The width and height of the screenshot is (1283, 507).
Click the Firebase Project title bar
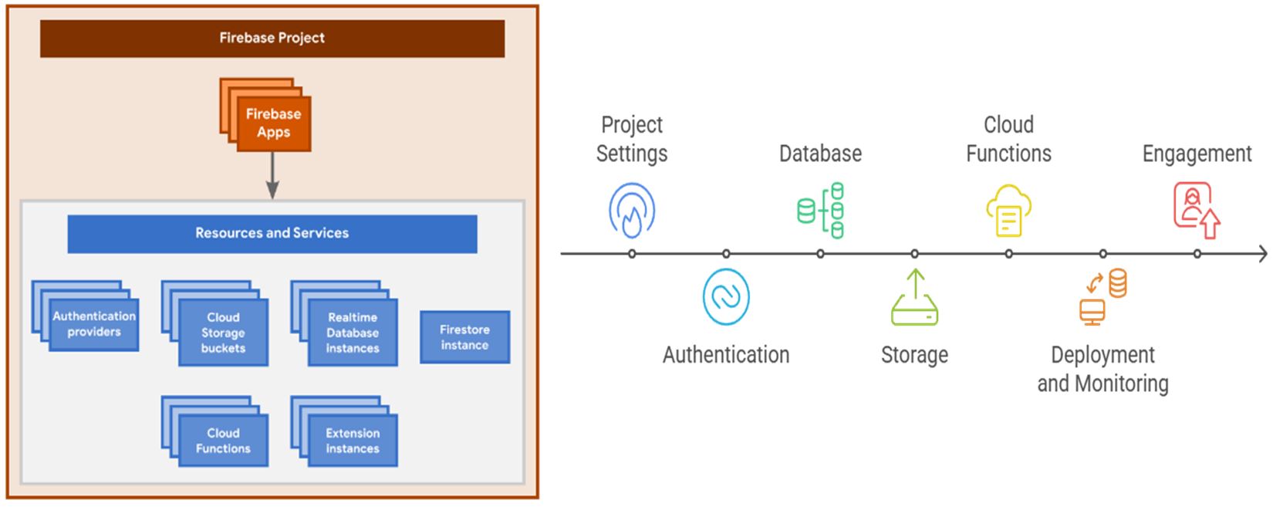coord(272,38)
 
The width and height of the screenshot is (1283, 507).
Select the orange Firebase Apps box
coord(273,123)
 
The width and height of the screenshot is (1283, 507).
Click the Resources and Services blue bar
coord(272,233)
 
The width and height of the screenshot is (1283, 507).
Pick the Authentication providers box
coord(93,324)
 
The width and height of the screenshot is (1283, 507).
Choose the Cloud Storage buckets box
coord(223,333)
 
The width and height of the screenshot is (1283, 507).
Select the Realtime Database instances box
coord(353,333)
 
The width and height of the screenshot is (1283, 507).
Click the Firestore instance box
coord(464,337)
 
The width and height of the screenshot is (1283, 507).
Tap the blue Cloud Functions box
coord(223,441)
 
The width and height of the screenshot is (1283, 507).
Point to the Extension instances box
coord(353,441)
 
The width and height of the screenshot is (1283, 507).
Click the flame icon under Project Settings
coord(632,210)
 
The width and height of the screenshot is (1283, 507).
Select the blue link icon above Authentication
coord(726,296)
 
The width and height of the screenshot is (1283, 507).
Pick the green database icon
coord(820,210)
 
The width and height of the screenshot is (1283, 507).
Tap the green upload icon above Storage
coord(914,297)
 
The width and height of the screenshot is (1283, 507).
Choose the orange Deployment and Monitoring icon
coord(1103,296)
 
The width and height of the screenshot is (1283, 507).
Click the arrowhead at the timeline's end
coord(1262,254)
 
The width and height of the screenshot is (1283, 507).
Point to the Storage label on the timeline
coord(914,355)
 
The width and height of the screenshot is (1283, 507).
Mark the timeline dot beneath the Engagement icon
coord(1197,254)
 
